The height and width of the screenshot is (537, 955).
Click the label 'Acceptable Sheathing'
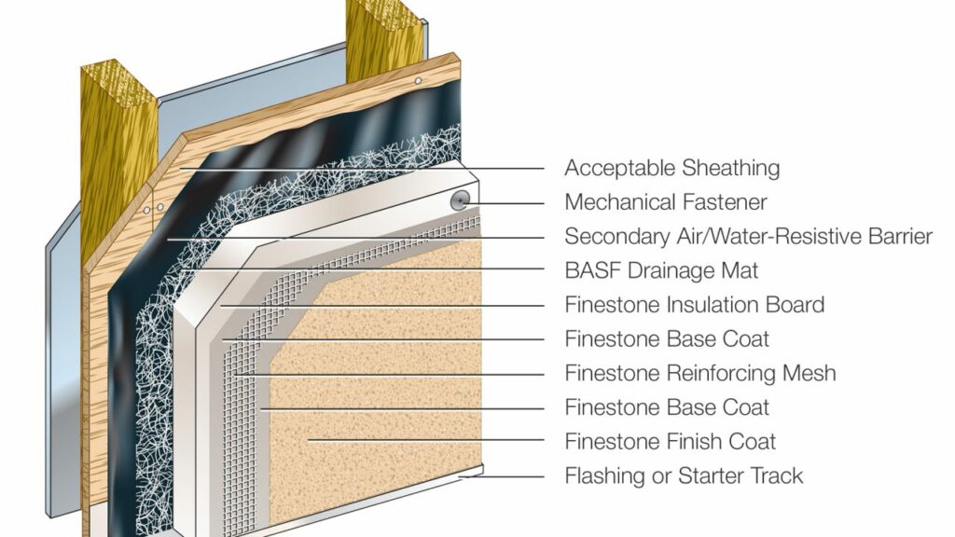point(671,169)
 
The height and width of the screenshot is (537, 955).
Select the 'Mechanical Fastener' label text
point(666,202)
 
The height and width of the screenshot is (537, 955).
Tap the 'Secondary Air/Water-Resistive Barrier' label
point(748,237)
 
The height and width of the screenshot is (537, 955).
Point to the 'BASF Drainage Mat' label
point(661,271)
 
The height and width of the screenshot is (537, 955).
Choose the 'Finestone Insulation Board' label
point(694,305)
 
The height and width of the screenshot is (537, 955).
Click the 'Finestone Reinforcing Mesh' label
point(699,374)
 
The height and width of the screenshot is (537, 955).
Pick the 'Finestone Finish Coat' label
point(670,442)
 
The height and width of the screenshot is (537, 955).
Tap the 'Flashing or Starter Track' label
point(684,476)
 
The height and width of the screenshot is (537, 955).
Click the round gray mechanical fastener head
point(459,200)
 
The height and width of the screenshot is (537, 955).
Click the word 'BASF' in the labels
point(588,271)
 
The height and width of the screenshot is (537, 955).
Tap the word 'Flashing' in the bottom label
point(602,476)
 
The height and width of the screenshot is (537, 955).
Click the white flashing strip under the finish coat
point(466,476)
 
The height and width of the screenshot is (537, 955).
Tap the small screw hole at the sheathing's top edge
point(419,82)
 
